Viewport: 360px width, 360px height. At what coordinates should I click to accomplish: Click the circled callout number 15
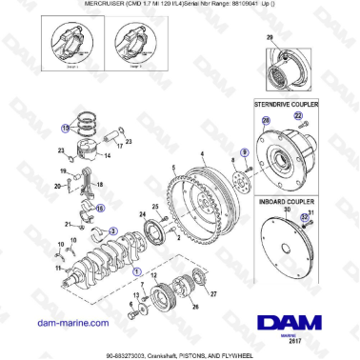click(x=66, y=127)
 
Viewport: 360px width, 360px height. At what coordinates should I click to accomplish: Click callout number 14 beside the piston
click(x=107, y=154)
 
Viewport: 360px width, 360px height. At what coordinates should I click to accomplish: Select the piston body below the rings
click(x=83, y=152)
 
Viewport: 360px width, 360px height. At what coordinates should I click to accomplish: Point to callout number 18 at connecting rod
click(x=101, y=183)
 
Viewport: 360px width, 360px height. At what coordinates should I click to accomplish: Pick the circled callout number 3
click(x=113, y=230)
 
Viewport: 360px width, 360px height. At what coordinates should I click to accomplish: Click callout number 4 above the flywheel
click(x=202, y=153)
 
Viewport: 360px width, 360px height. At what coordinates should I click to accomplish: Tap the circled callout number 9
click(x=245, y=151)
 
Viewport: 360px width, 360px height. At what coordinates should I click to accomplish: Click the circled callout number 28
click(x=266, y=118)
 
